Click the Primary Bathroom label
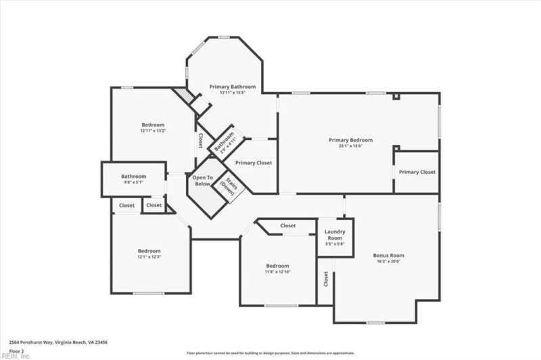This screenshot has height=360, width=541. point(232,87)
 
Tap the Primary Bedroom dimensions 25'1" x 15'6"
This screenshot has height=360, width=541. point(350,146)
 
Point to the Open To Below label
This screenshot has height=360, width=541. point(203,181)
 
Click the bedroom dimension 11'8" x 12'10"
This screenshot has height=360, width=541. point(277,271)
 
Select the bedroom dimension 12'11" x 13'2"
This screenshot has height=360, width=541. point(153,131)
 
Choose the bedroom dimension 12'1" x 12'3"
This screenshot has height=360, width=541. point(149,256)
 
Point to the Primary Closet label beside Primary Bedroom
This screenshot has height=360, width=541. point(417,172)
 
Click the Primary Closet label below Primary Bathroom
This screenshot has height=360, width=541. point(254,163)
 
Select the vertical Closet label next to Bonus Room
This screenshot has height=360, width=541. point(326,278)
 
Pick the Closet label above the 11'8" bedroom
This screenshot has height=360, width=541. point(288,225)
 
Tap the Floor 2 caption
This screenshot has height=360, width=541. point(17,351)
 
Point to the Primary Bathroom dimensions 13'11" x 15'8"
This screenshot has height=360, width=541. point(232,93)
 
